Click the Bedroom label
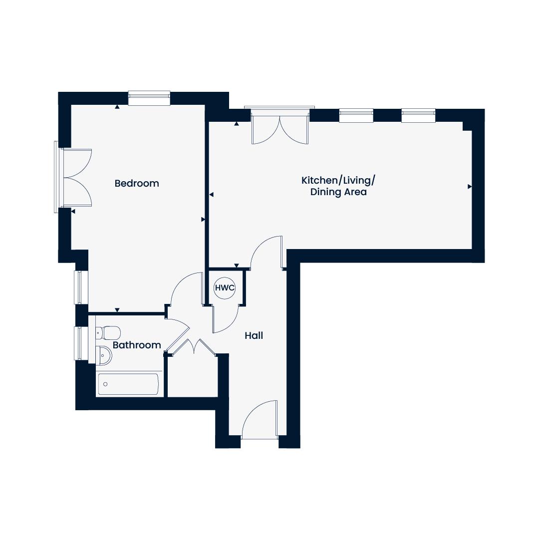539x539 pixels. [x=137, y=184]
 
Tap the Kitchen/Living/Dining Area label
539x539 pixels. [x=338, y=186]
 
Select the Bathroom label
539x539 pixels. [x=137, y=345]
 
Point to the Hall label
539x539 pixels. [x=254, y=335]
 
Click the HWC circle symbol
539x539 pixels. [x=225, y=288]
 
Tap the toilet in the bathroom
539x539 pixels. [x=109, y=333]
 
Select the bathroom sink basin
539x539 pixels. [x=104, y=355]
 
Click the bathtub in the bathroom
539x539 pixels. [x=129, y=384]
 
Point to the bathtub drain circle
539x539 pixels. [x=105, y=384]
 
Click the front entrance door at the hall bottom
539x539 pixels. [x=260, y=420]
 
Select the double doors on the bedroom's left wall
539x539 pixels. [x=76, y=177]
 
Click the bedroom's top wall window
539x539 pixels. [x=149, y=98]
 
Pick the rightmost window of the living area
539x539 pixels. [x=418, y=115]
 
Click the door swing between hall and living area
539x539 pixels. [x=267, y=253]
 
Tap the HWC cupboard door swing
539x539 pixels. [x=225, y=319]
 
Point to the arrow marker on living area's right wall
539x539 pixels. [x=470, y=187]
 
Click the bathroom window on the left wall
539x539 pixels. [x=78, y=343]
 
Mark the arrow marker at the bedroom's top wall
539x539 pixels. [x=117, y=107]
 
